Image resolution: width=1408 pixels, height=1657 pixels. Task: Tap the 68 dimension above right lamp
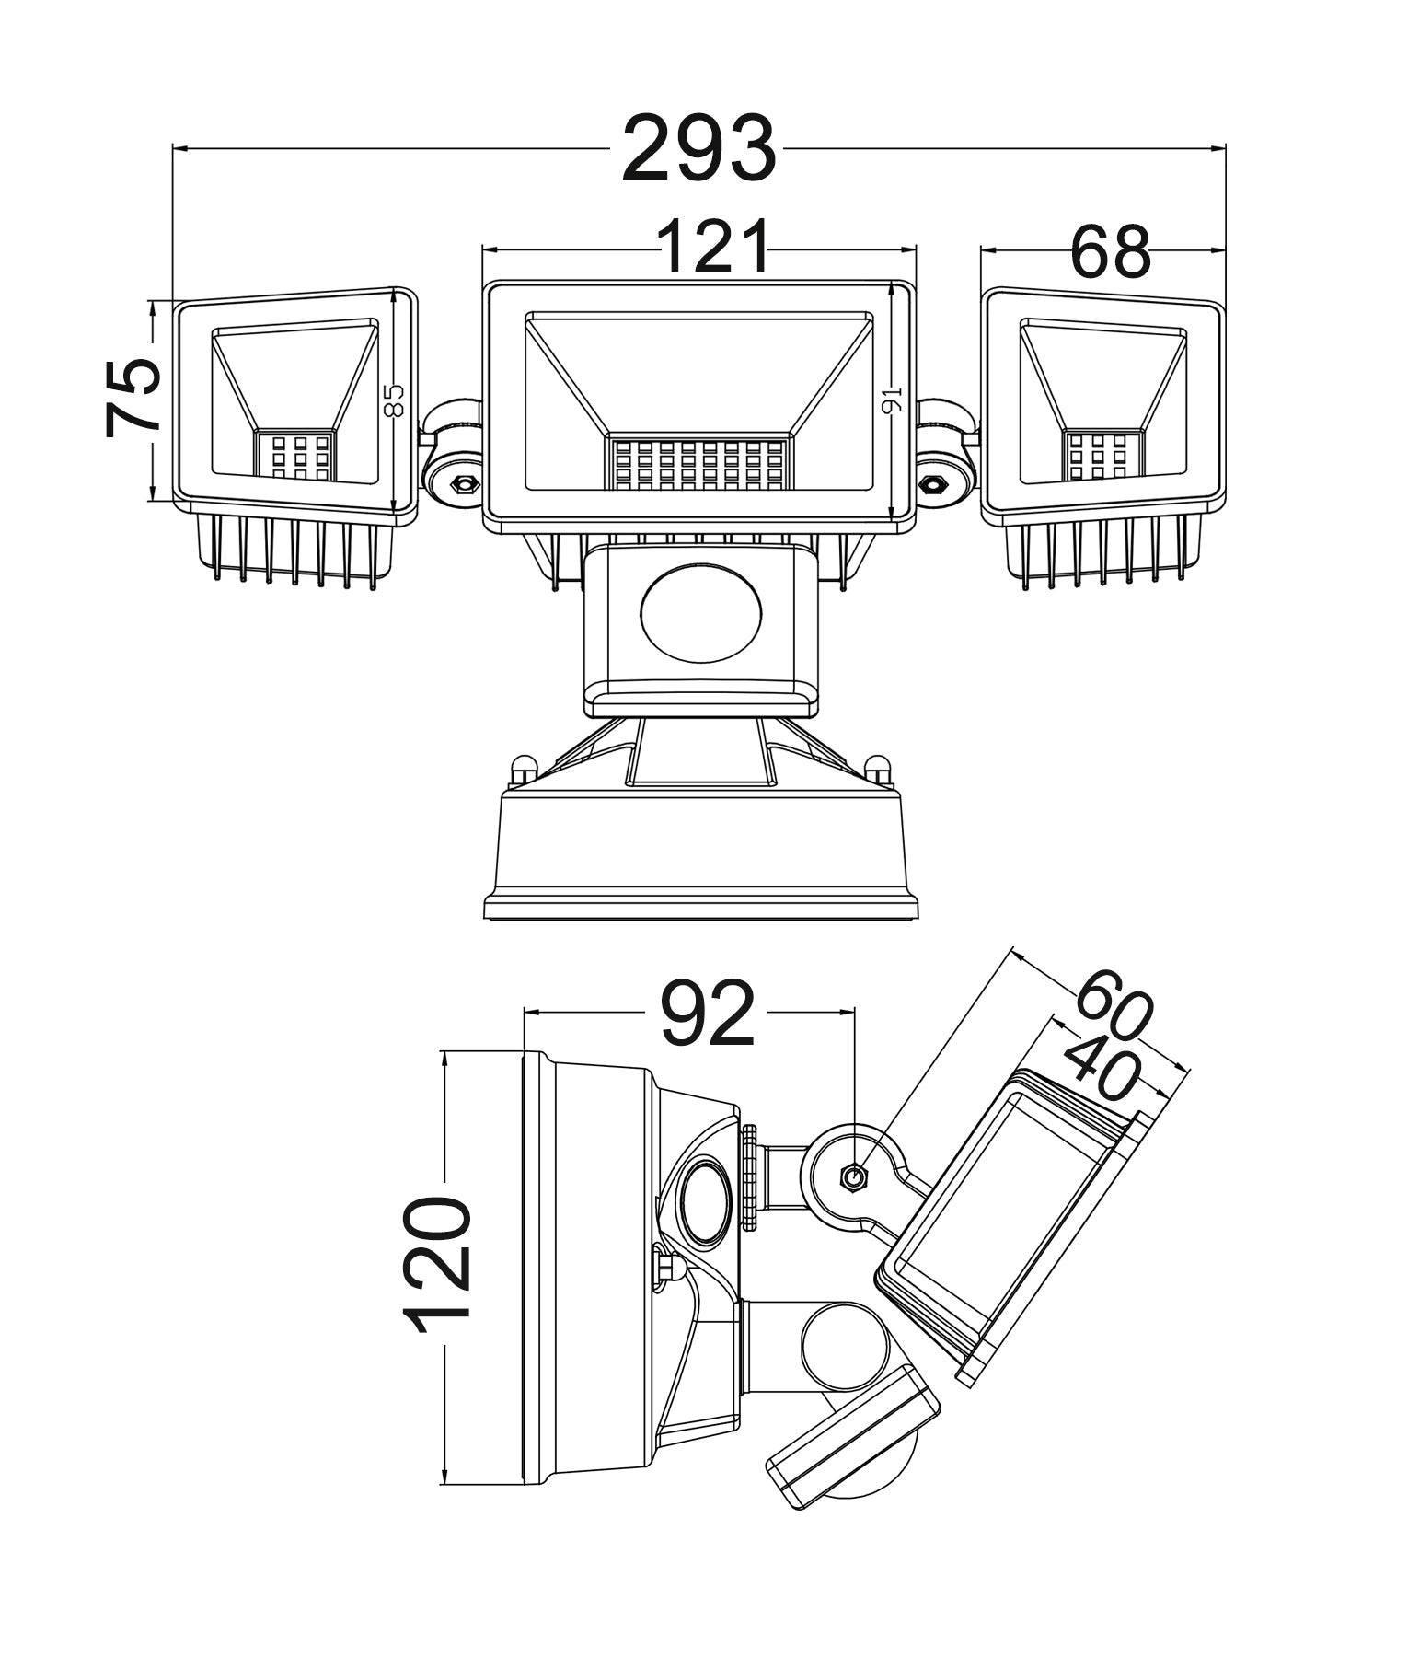pyautogui.click(x=1110, y=251)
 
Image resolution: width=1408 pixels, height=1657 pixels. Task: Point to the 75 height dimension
pyautogui.click(x=132, y=397)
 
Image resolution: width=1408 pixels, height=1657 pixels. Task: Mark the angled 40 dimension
pyautogui.click(x=1102, y=1068)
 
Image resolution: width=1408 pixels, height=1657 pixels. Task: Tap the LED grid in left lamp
pyautogui.click(x=294, y=455)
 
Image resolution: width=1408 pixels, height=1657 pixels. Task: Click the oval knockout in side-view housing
pyautogui.click(x=707, y=1201)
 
